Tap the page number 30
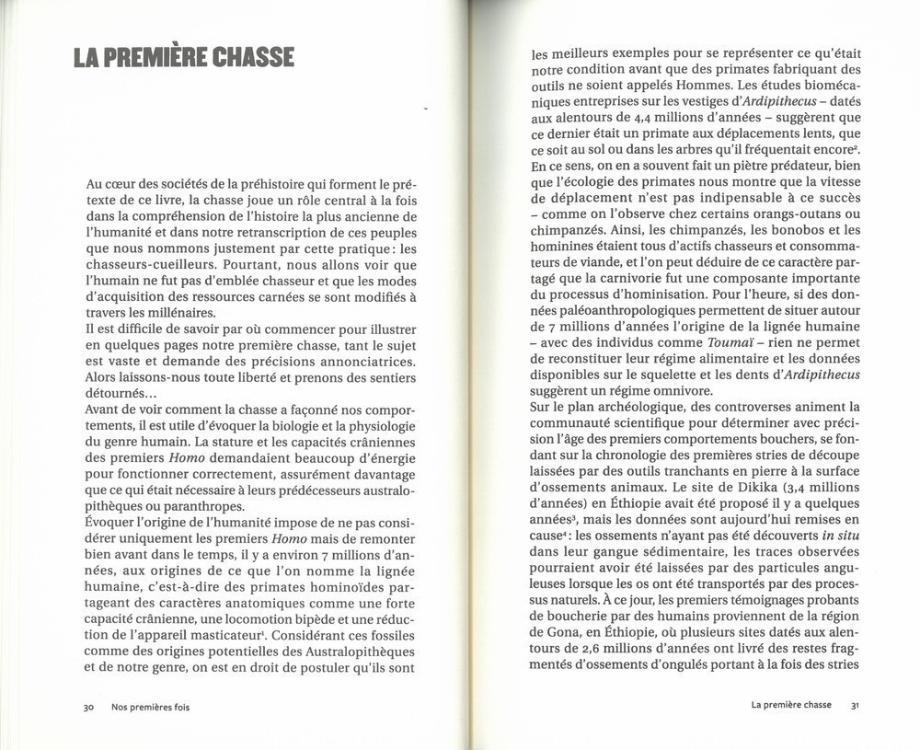pyautogui.click(x=88, y=707)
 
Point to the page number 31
pyautogui.click(x=855, y=705)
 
